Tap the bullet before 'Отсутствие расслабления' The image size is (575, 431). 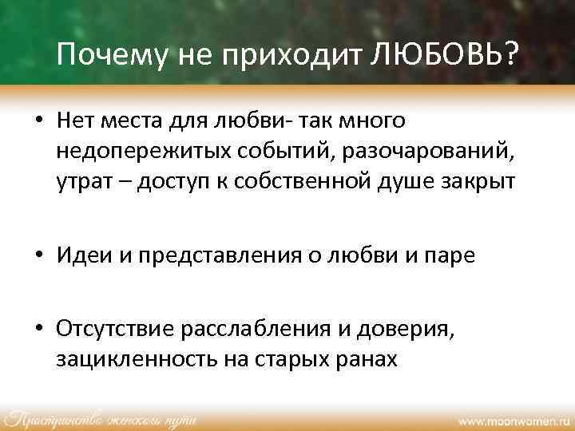(38, 330)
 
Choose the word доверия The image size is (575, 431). (412, 330)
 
